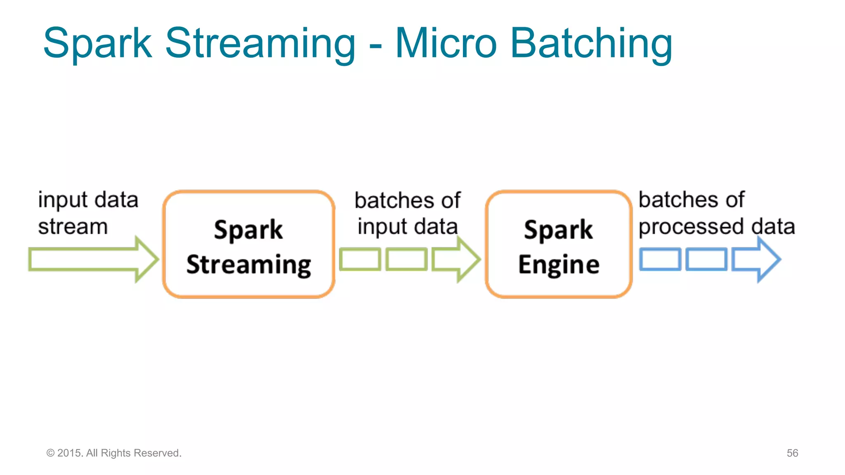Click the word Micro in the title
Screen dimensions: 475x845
coord(446,43)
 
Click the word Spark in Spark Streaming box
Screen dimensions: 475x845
coord(248,230)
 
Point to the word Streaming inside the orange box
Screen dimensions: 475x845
coord(248,265)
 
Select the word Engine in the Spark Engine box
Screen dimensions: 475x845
coord(559,265)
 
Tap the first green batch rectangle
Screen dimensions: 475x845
coord(360,259)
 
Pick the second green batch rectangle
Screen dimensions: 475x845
coord(406,259)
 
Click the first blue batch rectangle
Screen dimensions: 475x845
coord(660,259)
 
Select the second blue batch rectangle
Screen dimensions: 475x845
coord(706,259)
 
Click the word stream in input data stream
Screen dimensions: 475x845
coord(73,227)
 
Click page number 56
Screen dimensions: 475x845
coord(792,453)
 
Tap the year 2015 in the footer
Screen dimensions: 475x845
coord(70,453)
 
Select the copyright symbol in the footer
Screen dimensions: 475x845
coord(50,453)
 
